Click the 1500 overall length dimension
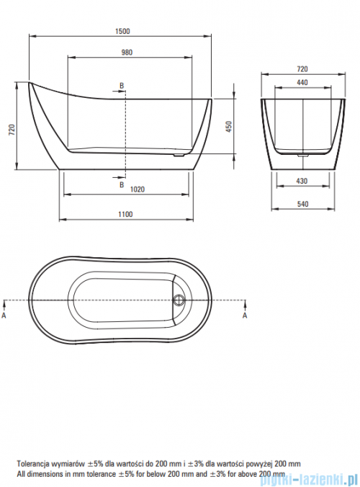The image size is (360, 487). coord(122,31)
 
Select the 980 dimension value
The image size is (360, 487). coord(127,52)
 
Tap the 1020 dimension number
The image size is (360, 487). coord(138,189)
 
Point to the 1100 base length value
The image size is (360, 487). coord(125,214)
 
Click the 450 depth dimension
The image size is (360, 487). coord(229,127)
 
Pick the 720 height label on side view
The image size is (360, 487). coord(12,130)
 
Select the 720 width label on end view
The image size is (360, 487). coord(302,68)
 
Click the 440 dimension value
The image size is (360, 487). coord(302,82)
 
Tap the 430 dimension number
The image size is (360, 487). coord(302,181)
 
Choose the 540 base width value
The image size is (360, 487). coord(302,204)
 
